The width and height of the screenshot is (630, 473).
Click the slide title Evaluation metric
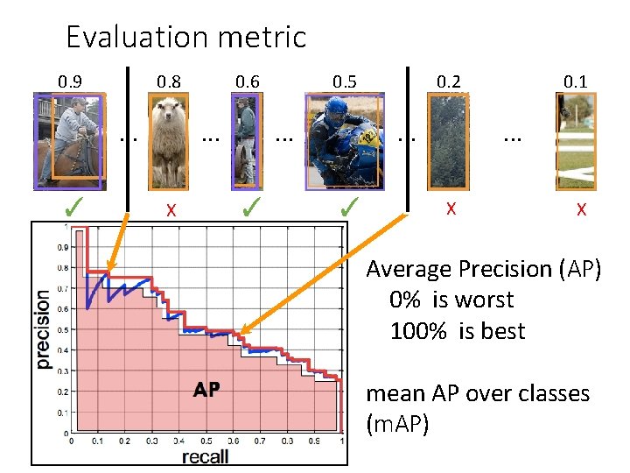[185, 37]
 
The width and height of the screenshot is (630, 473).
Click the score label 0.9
[70, 82]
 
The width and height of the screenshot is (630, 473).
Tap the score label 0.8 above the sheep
[169, 82]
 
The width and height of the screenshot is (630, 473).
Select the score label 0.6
[248, 82]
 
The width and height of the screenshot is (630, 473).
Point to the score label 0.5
[344, 82]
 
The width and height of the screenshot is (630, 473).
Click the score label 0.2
[449, 82]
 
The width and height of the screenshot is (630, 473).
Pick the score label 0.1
[575, 82]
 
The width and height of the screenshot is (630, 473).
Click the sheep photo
[171, 141]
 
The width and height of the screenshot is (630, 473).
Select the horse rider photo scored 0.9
[70, 141]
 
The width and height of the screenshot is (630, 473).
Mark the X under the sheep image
[172, 210]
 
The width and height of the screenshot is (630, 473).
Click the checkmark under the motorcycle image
[348, 208]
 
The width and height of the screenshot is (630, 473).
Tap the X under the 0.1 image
[580, 210]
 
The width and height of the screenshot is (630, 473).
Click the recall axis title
[206, 456]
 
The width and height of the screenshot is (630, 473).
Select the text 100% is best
[458, 332]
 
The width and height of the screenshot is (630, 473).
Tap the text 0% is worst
[451, 300]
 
